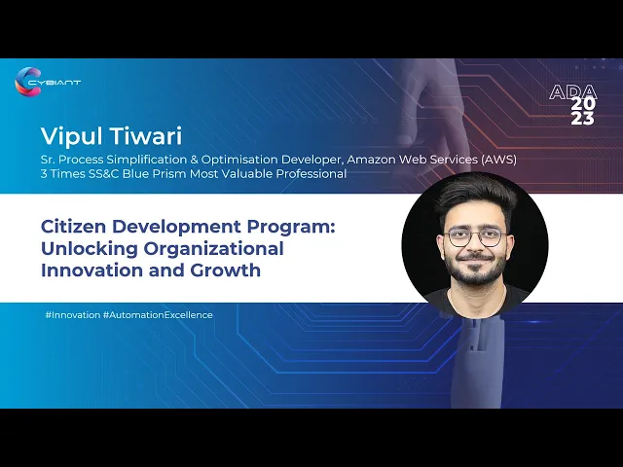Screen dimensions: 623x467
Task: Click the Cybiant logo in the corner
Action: tap(48, 82)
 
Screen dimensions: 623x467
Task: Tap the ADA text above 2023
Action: tap(573, 92)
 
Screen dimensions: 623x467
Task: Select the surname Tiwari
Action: tap(146, 135)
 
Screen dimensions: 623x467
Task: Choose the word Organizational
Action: tap(213, 249)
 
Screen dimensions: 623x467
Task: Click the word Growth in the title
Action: tap(225, 270)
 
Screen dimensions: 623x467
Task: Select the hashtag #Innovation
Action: tap(73, 315)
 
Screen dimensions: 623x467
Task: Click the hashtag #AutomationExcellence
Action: tap(158, 315)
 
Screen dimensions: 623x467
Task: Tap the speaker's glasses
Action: tap(476, 237)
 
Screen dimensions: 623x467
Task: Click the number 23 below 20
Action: tap(583, 118)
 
